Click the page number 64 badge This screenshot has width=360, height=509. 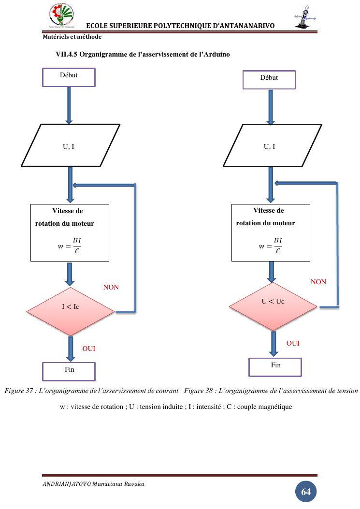click(x=306, y=492)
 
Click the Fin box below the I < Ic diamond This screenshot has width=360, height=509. click(x=69, y=371)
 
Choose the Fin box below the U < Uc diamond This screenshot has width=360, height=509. click(x=275, y=367)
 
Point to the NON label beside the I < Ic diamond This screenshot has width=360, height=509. click(x=111, y=287)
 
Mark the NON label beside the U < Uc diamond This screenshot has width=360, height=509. click(x=318, y=282)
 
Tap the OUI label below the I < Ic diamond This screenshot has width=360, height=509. click(x=89, y=349)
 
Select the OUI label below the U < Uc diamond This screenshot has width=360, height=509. click(x=293, y=343)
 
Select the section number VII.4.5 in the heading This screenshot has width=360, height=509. click(x=66, y=55)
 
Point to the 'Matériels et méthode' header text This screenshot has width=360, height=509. click(x=72, y=37)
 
